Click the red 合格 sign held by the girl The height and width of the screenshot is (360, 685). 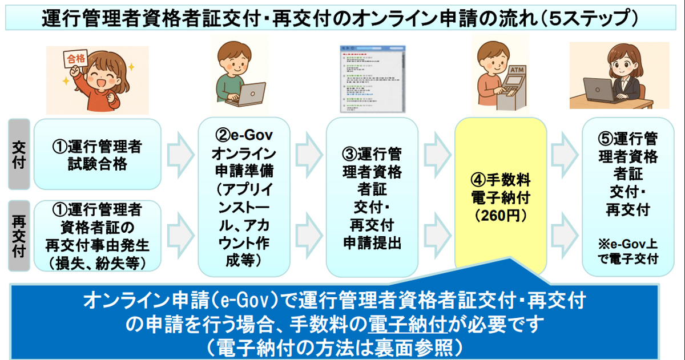75,59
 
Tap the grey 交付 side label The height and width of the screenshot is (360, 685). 19,154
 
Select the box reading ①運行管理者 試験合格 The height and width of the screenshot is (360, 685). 97,154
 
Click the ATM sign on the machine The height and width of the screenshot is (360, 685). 515,70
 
